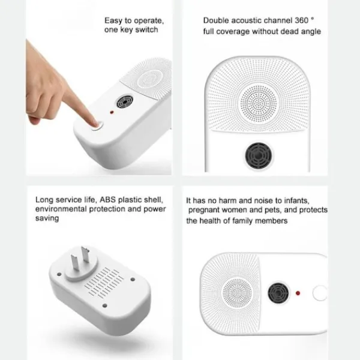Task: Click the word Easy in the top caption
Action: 113,21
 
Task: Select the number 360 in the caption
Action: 301,20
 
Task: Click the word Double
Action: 216,20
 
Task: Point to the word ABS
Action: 107,200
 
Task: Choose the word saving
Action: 47,218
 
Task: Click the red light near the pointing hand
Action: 112,112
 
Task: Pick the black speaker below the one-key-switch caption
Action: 125,102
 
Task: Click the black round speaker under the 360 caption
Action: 259,155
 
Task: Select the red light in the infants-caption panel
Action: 298,293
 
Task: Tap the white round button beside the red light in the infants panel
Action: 320,293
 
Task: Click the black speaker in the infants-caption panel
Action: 278,293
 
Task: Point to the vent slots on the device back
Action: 104,283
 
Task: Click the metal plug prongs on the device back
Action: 80,258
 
